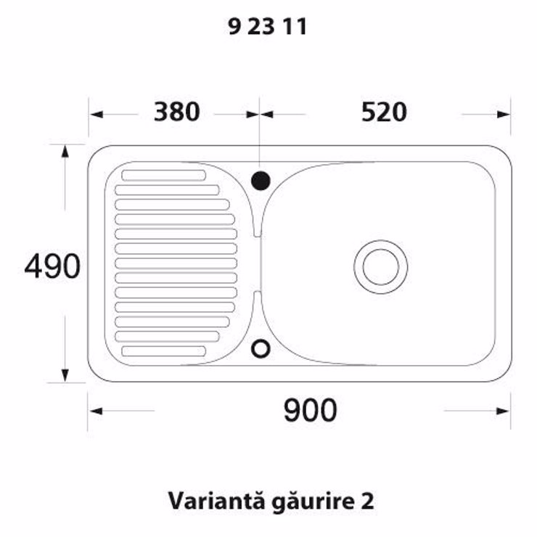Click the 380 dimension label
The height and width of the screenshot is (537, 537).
[177, 112]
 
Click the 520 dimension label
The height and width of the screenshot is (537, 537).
[384, 112]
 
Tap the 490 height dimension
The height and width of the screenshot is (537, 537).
[52, 266]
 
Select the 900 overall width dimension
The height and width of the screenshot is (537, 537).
[311, 410]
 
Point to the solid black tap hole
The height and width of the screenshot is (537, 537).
[261, 181]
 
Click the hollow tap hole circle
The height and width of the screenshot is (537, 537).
[261, 348]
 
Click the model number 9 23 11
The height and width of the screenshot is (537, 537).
[267, 27]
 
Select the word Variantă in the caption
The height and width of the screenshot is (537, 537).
[216, 501]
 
